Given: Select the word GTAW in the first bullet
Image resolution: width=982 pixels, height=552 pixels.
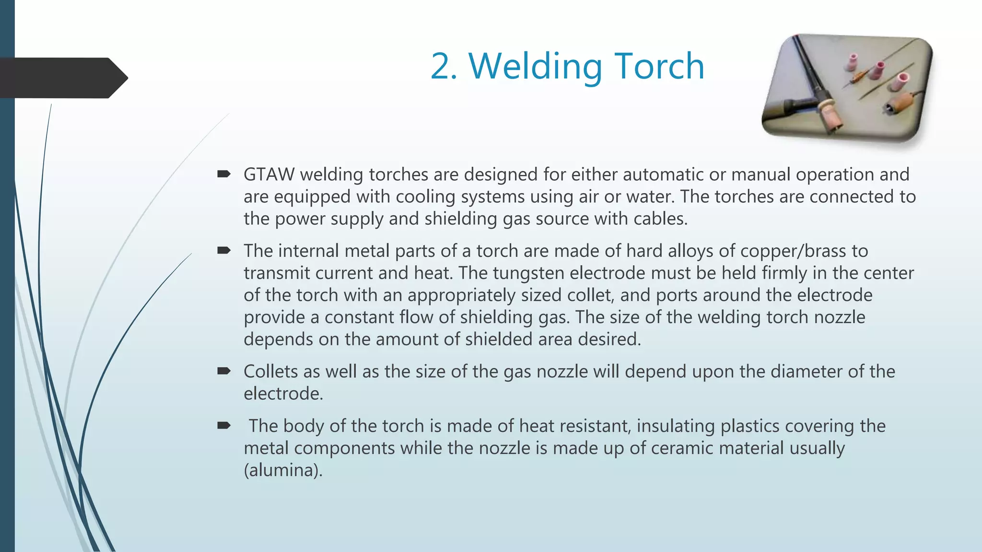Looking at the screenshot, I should click(x=269, y=174).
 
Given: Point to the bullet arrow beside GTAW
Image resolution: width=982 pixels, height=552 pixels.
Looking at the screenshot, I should click(x=224, y=174).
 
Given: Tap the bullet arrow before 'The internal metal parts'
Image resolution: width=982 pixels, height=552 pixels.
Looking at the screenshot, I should click(x=224, y=250).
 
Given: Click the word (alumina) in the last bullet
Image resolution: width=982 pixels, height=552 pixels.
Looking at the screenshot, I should click(x=283, y=470).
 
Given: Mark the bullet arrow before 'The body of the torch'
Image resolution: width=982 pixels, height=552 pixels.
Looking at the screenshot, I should click(x=224, y=425).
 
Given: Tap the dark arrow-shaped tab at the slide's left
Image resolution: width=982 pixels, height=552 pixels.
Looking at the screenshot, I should click(x=62, y=78).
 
